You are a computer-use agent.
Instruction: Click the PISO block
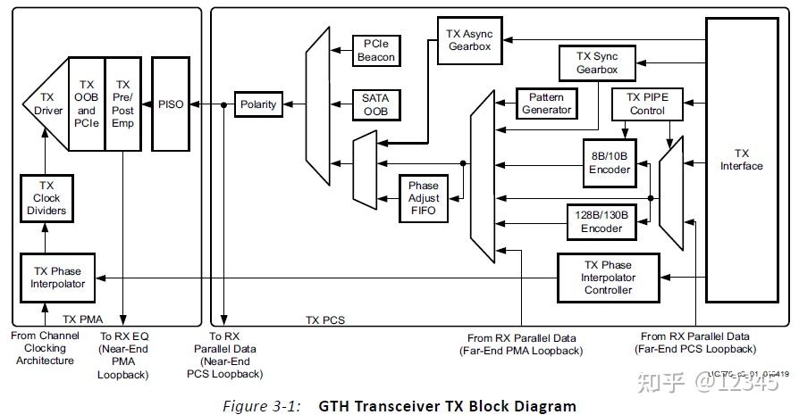[x=170, y=104]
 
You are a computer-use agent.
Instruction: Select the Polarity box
[x=258, y=104]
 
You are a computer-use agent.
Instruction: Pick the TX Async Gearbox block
[x=469, y=40]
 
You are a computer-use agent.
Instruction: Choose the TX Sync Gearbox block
[x=596, y=62]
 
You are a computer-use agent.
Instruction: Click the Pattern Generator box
[x=545, y=104]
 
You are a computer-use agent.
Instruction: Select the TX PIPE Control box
[x=645, y=104]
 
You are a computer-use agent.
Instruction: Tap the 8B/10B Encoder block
[x=609, y=162]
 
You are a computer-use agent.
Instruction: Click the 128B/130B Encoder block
[x=601, y=222]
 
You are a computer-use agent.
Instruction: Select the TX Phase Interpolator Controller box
[x=608, y=277]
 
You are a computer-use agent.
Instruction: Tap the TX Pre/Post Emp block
[x=123, y=104]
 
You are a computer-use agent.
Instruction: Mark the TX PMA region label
[x=84, y=317]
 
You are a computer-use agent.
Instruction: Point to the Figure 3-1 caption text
[x=399, y=406]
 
